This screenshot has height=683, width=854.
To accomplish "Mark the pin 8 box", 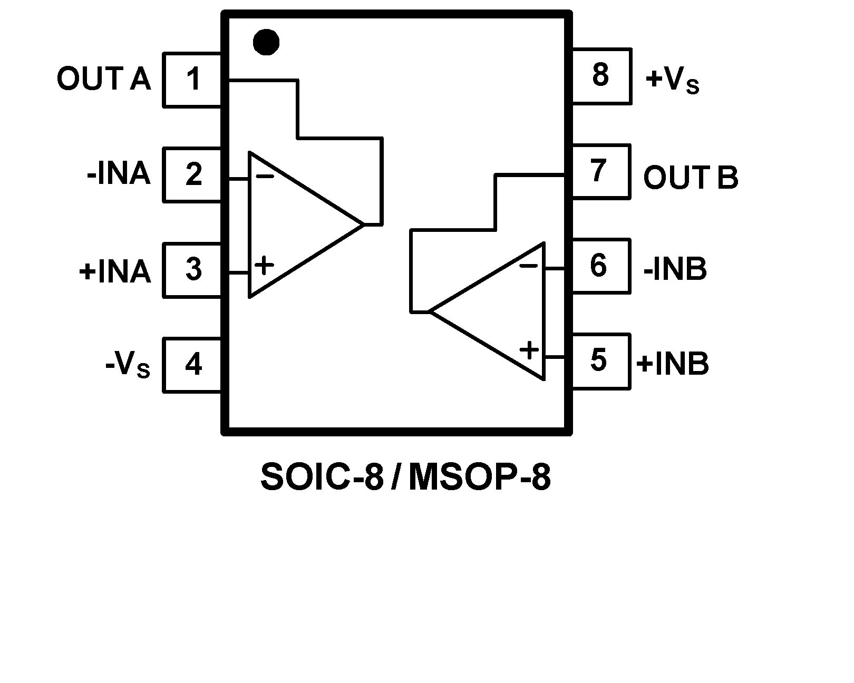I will pos(601,76).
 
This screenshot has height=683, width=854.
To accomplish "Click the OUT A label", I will pos(104,80).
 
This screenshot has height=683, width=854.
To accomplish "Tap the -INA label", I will pos(119,174).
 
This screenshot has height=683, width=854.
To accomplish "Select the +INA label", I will pos(115,272).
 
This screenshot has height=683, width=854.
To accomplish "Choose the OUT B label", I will pos(691,178).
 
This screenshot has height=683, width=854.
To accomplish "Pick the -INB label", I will pos(675,269).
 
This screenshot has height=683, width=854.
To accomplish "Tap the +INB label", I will pos(673,364).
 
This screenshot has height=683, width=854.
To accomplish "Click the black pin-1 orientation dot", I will pos(266,42).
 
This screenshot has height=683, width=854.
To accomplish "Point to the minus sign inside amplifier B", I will pos(529,266).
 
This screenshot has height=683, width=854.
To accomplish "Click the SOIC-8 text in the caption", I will pos(322,478).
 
